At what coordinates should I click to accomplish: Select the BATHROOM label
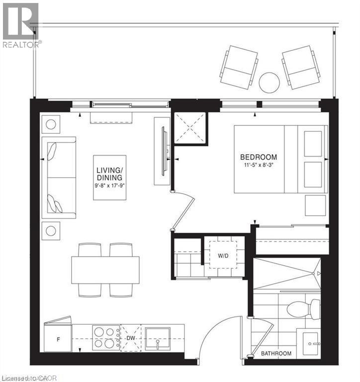pyautogui.click(x=276, y=354)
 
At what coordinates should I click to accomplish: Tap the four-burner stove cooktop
pyautogui.click(x=105, y=337)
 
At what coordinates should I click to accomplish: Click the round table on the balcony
pyautogui.click(x=270, y=81)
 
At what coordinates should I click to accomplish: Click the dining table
pyautogui.click(x=105, y=270)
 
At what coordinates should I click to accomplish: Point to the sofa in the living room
pyautogui.click(x=59, y=178)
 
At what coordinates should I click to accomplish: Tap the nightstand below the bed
pyautogui.click(x=316, y=205)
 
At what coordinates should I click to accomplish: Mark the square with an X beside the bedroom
pyautogui.click(x=189, y=128)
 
